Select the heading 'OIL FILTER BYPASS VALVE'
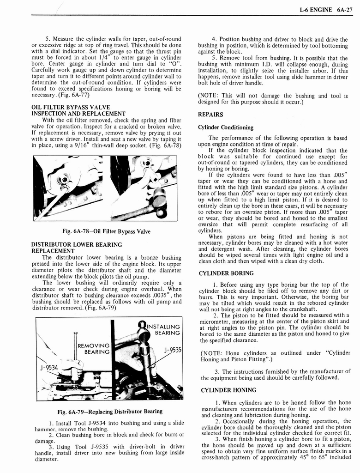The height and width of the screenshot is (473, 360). (70, 107)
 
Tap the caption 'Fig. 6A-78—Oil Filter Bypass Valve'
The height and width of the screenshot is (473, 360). (106, 231)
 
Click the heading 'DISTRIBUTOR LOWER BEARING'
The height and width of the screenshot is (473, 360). (76, 244)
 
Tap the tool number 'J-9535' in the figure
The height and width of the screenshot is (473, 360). (171, 350)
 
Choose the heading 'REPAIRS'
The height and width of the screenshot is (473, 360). (210, 114)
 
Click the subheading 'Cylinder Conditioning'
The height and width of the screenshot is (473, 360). (226, 127)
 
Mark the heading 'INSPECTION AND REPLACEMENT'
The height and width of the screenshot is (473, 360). (78, 114)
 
